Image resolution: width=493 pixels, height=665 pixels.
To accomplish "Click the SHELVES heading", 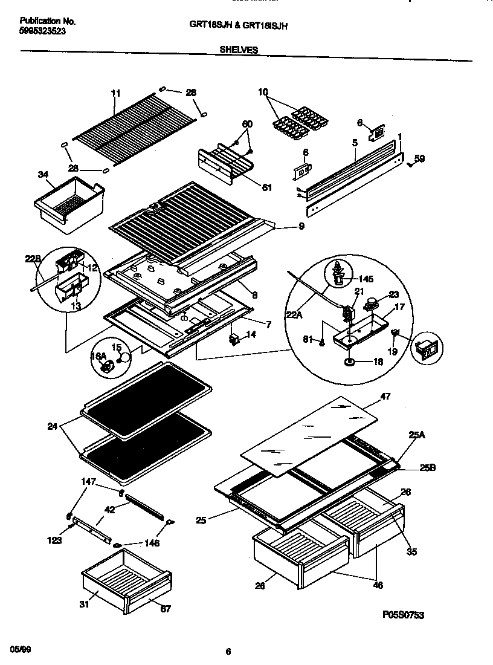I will pyautogui.click(x=239, y=50).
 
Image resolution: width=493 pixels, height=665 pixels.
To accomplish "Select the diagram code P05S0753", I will pyautogui.click(x=403, y=615).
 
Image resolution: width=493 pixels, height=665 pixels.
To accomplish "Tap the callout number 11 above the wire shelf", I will pyautogui.click(x=116, y=93).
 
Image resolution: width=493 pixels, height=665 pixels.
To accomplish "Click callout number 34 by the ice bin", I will pyautogui.click(x=43, y=175).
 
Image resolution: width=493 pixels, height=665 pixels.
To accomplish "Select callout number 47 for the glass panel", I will pyautogui.click(x=385, y=397).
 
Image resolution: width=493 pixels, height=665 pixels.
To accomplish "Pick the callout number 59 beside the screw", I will pyautogui.click(x=420, y=160).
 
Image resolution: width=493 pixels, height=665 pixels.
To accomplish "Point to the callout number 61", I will pyautogui.click(x=266, y=187).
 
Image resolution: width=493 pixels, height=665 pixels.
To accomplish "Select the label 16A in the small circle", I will pyautogui.click(x=98, y=357).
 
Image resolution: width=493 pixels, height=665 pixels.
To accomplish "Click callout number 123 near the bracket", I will pyautogui.click(x=54, y=540).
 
